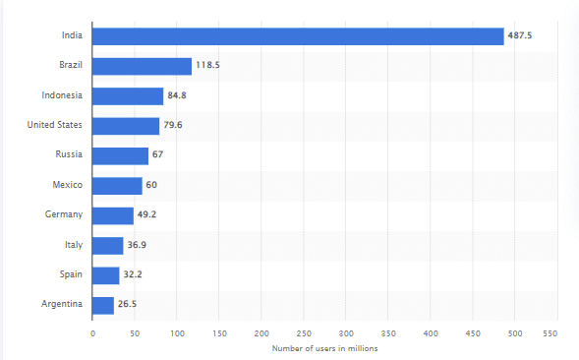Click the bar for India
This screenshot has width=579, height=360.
click(298, 36)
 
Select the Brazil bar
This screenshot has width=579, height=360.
click(142, 66)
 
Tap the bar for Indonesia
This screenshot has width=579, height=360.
click(128, 96)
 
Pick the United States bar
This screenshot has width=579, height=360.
click(126, 126)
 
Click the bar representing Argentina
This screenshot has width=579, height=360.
click(103, 305)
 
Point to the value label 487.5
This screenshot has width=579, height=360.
click(521, 36)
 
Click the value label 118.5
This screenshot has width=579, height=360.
click(208, 66)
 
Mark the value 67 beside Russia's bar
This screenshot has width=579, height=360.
click(157, 155)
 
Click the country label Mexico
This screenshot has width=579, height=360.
click(67, 185)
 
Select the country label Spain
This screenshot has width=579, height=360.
click(70, 275)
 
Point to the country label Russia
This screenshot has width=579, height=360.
click(69, 155)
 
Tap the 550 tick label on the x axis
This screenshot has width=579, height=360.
click(557, 333)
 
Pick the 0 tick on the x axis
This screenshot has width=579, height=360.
click(92, 333)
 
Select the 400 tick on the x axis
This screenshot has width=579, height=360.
click(431, 333)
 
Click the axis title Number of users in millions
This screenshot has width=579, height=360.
click(324, 348)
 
